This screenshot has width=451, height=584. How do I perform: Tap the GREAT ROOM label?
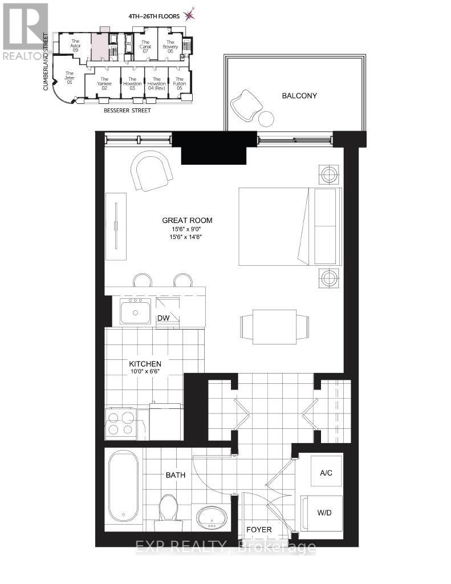184,221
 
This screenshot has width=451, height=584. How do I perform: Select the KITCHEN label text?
145,364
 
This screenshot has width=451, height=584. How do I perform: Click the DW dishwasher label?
164,317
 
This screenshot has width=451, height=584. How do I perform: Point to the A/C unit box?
326,473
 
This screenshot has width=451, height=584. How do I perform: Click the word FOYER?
259,529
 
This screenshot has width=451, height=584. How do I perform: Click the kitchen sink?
135,311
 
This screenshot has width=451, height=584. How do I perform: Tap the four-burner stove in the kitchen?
120,423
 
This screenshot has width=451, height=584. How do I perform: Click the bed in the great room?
288,226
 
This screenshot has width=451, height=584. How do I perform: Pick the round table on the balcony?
266,119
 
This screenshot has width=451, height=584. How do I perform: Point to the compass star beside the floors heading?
189,16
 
